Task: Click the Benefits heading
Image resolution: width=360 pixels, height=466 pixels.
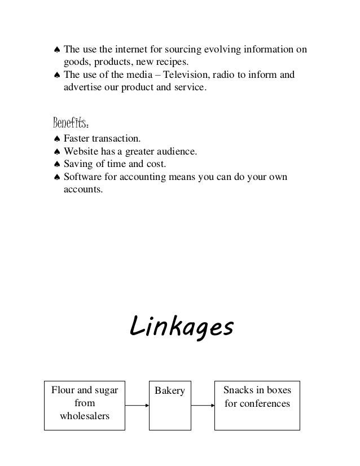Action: pos(70,122)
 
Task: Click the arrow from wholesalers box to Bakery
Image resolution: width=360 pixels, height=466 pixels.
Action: pos(137,405)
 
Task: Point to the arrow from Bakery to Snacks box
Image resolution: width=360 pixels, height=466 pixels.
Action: pos(203,405)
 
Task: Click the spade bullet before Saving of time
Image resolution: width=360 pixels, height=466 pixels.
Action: pos(56,165)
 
